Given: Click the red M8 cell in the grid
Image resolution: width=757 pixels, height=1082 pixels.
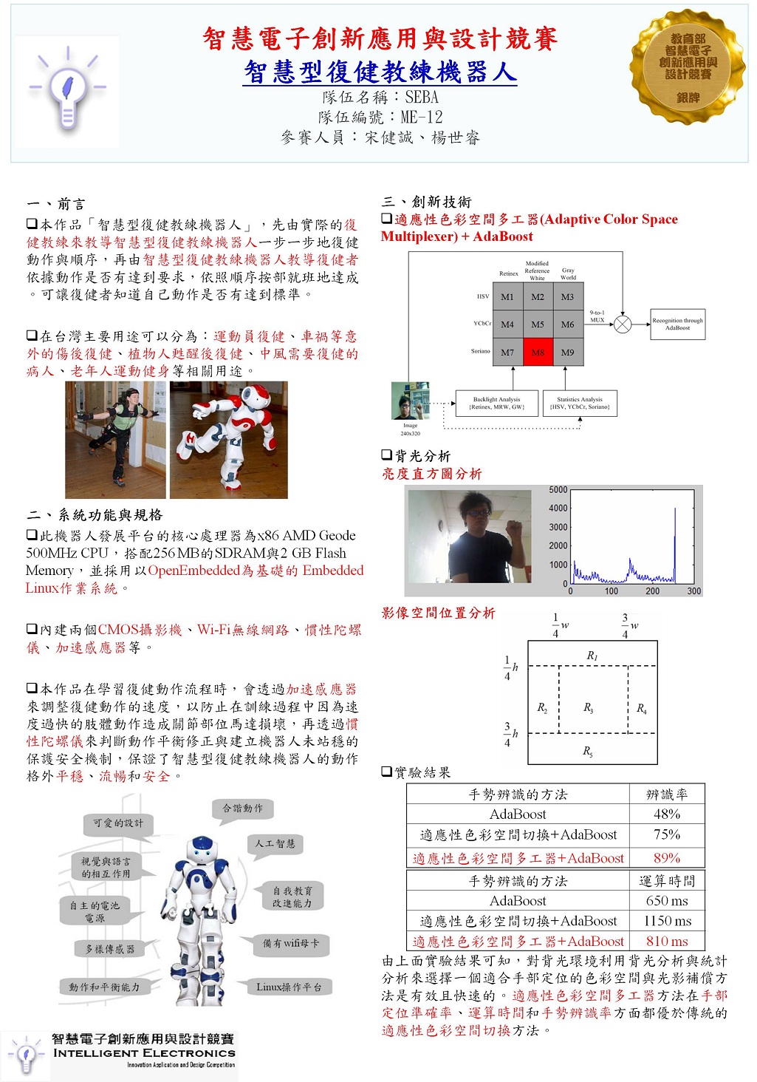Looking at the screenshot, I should click(538, 352).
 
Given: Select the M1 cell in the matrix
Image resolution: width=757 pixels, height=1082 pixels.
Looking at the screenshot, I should click(507, 296).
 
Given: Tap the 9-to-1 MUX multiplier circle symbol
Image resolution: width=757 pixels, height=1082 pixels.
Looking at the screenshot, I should click(623, 324).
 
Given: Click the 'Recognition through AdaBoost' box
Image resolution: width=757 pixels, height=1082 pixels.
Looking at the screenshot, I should click(677, 324).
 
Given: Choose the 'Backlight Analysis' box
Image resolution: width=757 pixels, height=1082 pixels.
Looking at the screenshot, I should click(496, 403).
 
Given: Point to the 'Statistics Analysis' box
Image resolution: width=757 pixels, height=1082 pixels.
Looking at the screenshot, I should click(580, 403).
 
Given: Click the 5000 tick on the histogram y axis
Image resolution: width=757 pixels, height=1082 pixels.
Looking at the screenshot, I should click(558, 490).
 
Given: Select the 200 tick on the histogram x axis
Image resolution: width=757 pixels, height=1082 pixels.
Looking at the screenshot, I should click(653, 591).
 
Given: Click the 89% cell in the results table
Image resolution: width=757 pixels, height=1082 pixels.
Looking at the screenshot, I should click(667, 858).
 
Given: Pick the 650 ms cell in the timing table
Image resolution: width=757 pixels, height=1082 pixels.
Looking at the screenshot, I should click(667, 901).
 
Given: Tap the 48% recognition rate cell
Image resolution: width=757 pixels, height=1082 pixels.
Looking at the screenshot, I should click(667, 814).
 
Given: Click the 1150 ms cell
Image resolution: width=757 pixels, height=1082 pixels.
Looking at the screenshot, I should click(667, 921).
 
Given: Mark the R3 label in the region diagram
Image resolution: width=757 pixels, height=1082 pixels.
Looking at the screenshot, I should click(589, 708).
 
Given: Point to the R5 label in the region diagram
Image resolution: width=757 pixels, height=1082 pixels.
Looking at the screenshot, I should click(588, 752).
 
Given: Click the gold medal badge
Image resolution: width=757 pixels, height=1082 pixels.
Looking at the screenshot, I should click(688, 67).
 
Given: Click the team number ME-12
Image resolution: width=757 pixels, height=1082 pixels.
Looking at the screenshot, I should click(422, 118).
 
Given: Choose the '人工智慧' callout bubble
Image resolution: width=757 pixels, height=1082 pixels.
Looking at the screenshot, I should click(275, 844).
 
